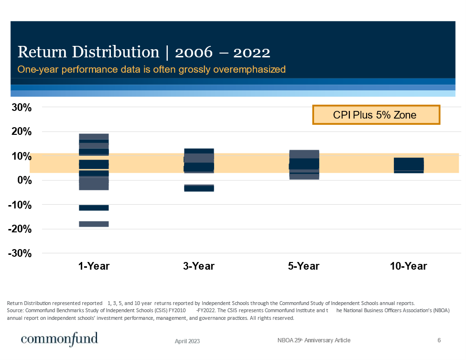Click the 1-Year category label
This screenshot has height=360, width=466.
94,266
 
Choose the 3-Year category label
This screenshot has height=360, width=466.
199,266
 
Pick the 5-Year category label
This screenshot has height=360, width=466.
304,266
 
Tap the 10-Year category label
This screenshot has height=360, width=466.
409,266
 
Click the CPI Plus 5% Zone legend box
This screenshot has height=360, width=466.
376,115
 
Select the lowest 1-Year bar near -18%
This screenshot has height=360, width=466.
94,224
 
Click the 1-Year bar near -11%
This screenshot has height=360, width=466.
94,207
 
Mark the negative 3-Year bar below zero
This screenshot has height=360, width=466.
199,188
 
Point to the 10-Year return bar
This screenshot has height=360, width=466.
409,165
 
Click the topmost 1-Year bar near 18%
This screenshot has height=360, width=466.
94,136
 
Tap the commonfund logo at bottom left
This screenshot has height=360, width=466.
59,338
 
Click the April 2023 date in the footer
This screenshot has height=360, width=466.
187,341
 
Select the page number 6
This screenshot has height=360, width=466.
439,340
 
